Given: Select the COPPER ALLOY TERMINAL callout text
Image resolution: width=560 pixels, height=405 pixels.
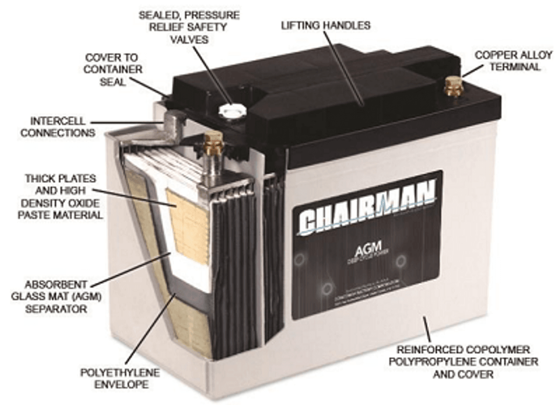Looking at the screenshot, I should (507, 61).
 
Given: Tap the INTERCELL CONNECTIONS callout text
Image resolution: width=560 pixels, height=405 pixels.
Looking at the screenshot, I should (57, 126).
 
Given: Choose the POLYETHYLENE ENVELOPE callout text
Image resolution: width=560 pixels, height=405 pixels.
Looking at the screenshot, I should (120, 379).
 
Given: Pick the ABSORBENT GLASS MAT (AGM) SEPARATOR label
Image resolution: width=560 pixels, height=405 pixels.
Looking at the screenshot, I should (56, 297).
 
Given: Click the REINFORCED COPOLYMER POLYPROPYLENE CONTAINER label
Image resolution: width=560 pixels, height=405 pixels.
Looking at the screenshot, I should (467, 362).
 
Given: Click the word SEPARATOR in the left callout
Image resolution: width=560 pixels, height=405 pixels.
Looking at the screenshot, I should (56, 309).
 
